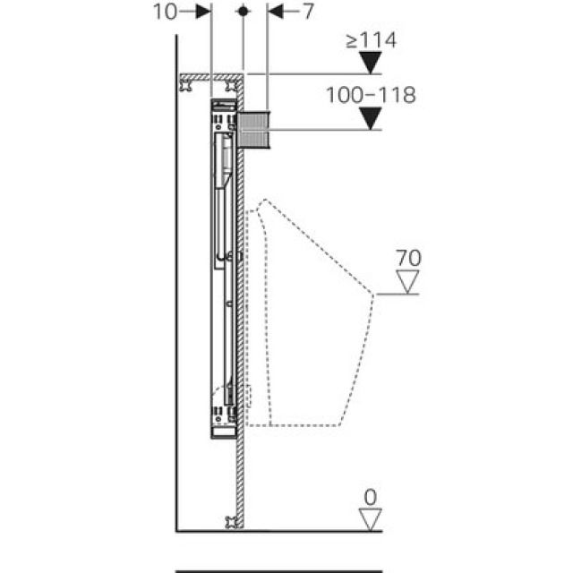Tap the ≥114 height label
coord(372,40)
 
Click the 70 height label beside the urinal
coord(409,259)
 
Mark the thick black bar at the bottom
coord(278,570)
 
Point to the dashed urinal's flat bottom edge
coord(295,424)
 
